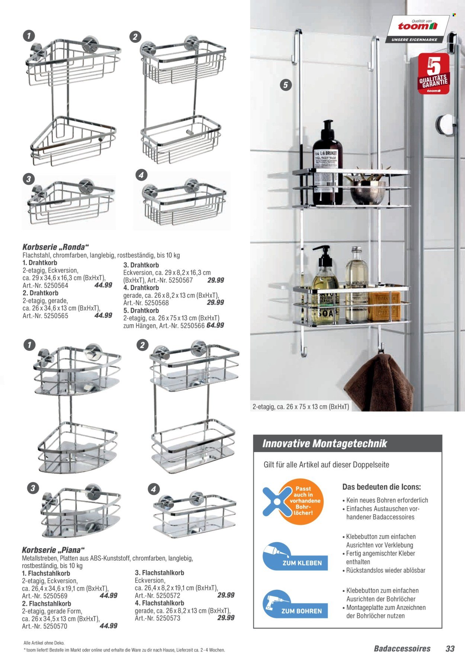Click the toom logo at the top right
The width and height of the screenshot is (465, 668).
click(417, 26)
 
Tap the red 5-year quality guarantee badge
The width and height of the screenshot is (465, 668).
click(434, 74)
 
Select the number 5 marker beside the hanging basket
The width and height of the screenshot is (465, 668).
click(285, 85)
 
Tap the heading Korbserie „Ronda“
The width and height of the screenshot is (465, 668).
click(56, 247)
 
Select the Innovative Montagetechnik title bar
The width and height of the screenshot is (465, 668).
click(347, 444)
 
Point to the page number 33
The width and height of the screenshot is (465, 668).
click(450, 649)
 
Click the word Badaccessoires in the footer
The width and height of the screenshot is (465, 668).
click(402, 649)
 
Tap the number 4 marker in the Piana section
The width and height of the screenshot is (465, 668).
click(153, 489)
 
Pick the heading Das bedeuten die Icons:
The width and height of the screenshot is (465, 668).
click(381, 487)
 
